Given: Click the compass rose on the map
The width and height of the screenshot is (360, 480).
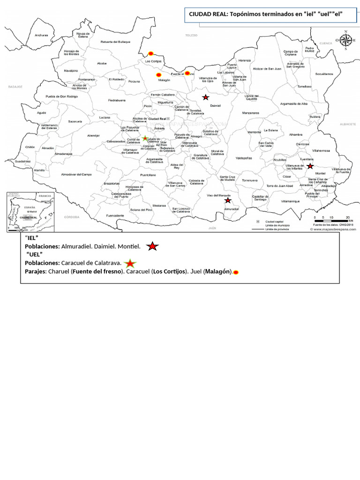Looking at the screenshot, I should pos(346,40).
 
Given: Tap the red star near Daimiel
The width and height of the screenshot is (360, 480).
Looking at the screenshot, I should pos(205,97).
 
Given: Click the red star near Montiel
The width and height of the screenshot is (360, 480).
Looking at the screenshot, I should pos(310,165).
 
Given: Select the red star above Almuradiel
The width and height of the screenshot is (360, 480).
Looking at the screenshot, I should pos(228,200).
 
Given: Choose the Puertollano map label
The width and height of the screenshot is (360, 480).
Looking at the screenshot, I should pos(148,175).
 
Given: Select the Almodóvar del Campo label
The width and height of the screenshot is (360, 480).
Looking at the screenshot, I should pos(77,174).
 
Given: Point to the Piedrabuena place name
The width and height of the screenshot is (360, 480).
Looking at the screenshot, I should pos(117,100).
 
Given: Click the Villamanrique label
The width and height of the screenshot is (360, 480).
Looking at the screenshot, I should pos(290,201).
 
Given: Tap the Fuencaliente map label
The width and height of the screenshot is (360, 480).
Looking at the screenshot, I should pos(115,216).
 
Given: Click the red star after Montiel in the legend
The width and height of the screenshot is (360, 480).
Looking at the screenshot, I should pos(152,246).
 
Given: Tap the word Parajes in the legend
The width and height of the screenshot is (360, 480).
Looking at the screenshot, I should pos(35,271).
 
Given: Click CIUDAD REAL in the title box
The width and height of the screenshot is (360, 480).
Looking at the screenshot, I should pos(208,15).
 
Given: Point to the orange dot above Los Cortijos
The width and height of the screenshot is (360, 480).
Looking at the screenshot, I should pos(150,53).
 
